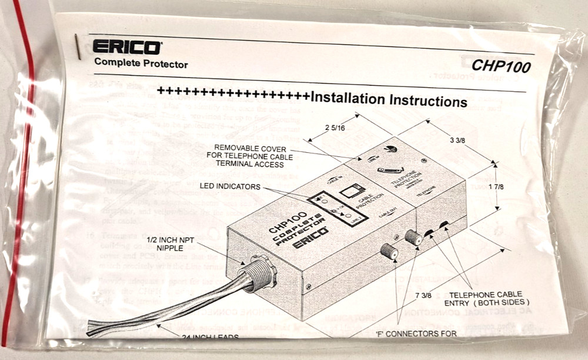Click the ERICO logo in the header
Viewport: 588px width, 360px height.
pos(125,47)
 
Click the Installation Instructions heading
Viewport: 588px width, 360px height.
pos(389,99)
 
